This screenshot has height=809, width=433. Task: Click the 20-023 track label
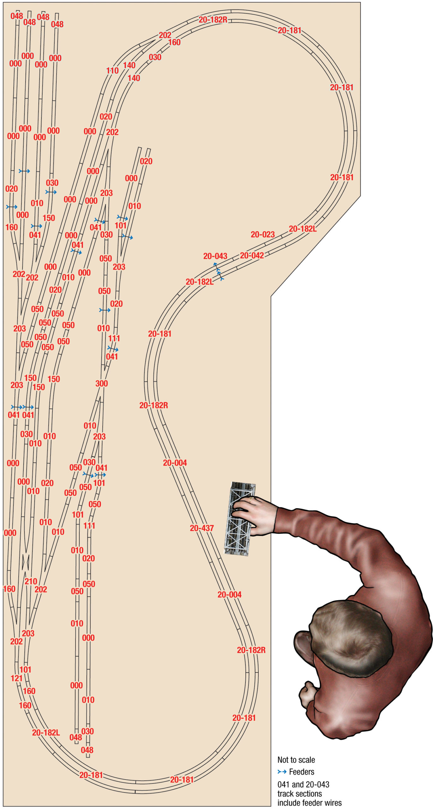(262, 234)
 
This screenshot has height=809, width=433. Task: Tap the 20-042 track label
(252, 255)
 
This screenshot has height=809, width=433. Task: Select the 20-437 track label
(202, 528)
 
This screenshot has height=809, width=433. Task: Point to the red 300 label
(102, 384)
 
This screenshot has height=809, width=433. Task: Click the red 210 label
(31, 581)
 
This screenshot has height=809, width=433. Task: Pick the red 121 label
(16, 678)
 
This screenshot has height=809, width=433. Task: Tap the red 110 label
(112, 70)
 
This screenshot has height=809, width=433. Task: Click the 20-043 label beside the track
(215, 256)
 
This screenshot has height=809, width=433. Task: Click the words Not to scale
(296, 760)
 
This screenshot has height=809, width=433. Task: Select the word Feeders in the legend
(302, 772)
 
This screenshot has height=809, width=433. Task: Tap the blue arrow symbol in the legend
(282, 772)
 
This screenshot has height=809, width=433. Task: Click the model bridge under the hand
(239, 518)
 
